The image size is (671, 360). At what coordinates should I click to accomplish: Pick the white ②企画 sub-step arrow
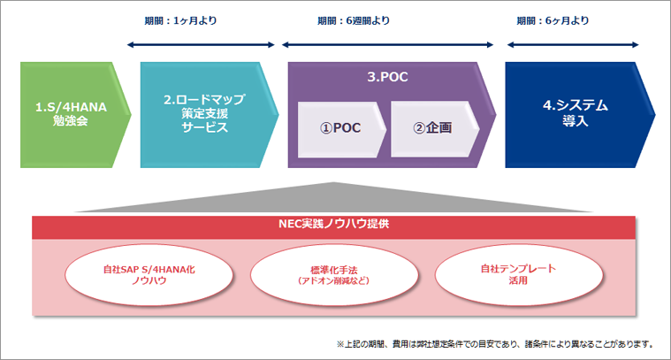tap(433, 126)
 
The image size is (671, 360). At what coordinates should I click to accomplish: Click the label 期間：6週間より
tap(354, 20)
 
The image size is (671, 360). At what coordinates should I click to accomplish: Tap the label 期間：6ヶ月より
tap(551, 20)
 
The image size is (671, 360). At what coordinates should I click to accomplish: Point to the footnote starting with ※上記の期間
tap(494, 343)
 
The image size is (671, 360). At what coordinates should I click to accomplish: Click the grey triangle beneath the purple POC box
tap(336, 196)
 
